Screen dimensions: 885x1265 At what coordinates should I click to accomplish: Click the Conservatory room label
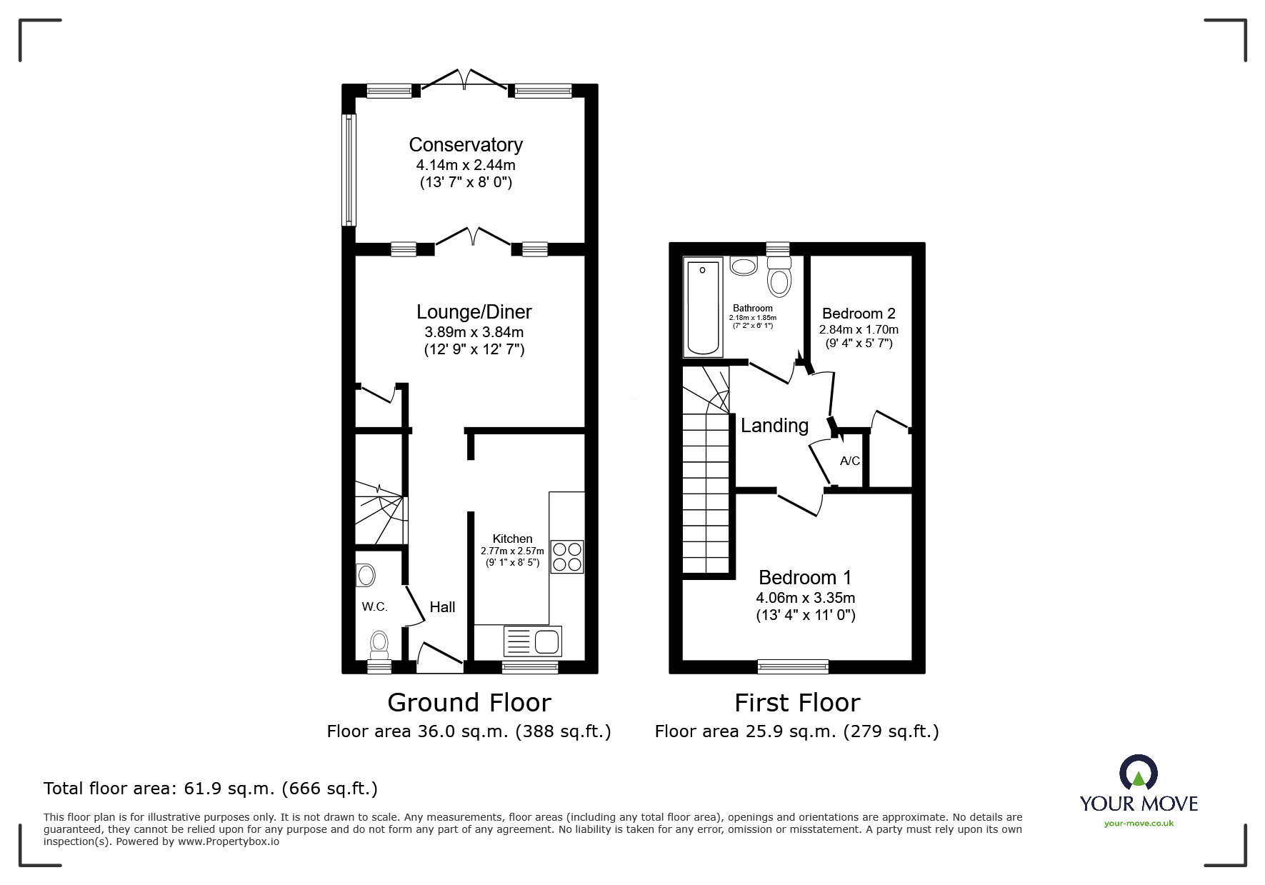pos(466,145)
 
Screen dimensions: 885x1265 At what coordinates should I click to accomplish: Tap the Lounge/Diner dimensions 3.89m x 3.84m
pos(474,332)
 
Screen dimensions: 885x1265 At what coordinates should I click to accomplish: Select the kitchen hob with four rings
pos(566,556)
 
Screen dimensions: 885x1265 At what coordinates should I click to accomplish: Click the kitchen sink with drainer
pos(533,641)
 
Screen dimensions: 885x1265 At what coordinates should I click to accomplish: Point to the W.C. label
pos(374,607)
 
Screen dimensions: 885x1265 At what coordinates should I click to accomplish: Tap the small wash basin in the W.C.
pos(366,574)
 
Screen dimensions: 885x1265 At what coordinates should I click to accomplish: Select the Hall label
pos(442,607)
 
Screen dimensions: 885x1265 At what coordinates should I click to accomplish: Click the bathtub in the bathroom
pos(703,307)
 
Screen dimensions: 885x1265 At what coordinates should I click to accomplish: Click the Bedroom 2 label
pos(859,314)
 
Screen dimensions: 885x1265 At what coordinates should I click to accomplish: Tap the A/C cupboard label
pos(849,461)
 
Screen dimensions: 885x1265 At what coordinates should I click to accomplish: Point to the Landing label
pos(774,426)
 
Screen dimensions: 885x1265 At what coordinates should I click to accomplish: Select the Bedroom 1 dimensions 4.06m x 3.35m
pos(806,598)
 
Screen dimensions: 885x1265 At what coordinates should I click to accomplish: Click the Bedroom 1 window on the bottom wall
pos(793,666)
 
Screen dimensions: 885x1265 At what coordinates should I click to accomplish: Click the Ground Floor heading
pos(469,703)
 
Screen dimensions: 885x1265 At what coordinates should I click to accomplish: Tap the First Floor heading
pos(797,703)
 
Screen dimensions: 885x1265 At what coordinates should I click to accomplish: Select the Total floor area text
pos(211,789)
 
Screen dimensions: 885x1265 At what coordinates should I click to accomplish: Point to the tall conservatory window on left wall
pos(349,170)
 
